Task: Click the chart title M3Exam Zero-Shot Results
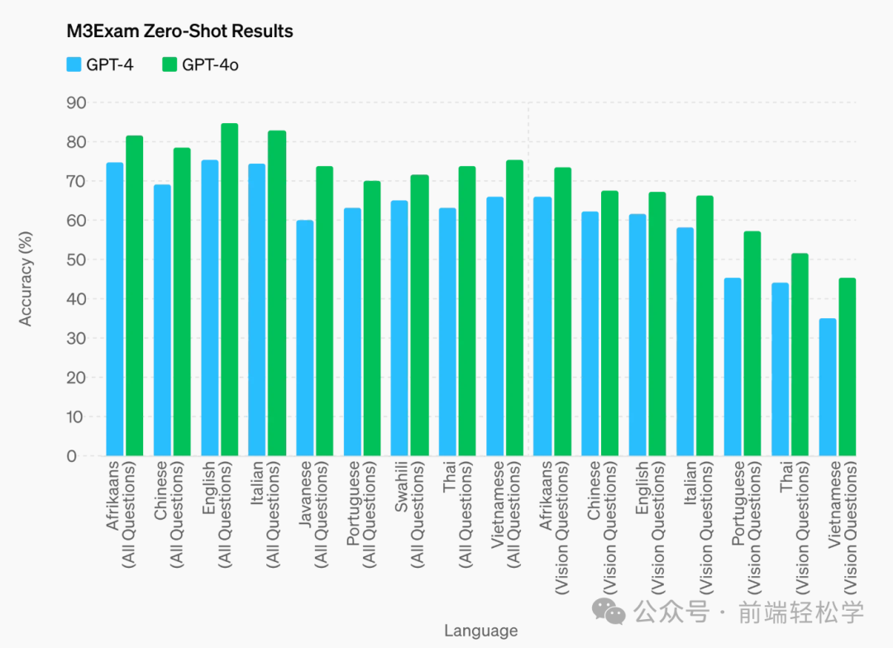(x=179, y=31)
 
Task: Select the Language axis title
(x=480, y=631)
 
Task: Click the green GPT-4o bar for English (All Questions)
(x=229, y=289)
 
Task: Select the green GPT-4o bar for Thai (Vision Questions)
(x=800, y=355)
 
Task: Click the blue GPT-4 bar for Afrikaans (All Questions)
(x=115, y=309)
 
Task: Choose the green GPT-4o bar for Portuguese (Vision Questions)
(x=752, y=343)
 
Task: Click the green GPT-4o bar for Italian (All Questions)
(x=276, y=293)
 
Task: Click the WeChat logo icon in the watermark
(x=614, y=612)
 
